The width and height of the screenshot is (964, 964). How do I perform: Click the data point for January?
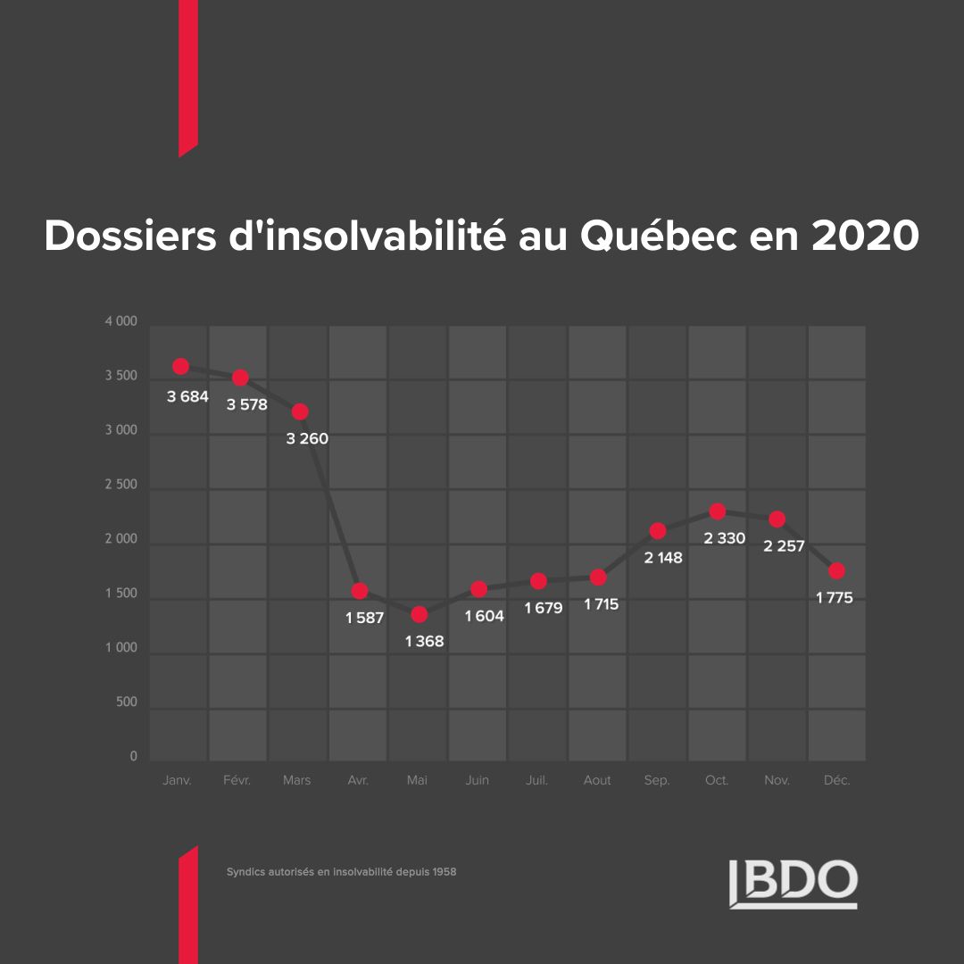[x=180, y=366]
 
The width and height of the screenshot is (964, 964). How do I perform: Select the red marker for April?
[x=360, y=591]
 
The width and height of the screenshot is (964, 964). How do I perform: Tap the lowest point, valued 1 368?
[x=420, y=614]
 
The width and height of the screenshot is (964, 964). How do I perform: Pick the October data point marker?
[x=717, y=511]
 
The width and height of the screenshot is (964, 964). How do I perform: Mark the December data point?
[x=836, y=571]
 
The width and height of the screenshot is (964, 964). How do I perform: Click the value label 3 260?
[x=307, y=438]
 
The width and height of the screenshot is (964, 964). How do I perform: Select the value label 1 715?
[x=601, y=604]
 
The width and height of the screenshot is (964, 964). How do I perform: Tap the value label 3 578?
[x=246, y=404]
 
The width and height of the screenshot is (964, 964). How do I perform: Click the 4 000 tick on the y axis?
[x=120, y=321]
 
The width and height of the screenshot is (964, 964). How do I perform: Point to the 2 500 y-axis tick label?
[x=120, y=485]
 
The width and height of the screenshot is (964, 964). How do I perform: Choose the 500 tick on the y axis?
[x=126, y=702]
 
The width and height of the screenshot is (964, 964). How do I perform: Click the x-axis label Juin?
[x=478, y=780]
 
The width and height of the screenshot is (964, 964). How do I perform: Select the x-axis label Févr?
[x=237, y=780]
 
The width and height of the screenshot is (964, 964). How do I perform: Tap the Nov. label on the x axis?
[x=777, y=780]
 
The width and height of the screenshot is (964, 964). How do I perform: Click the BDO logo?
[x=793, y=883]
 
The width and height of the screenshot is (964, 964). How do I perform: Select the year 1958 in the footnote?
[x=444, y=871]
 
